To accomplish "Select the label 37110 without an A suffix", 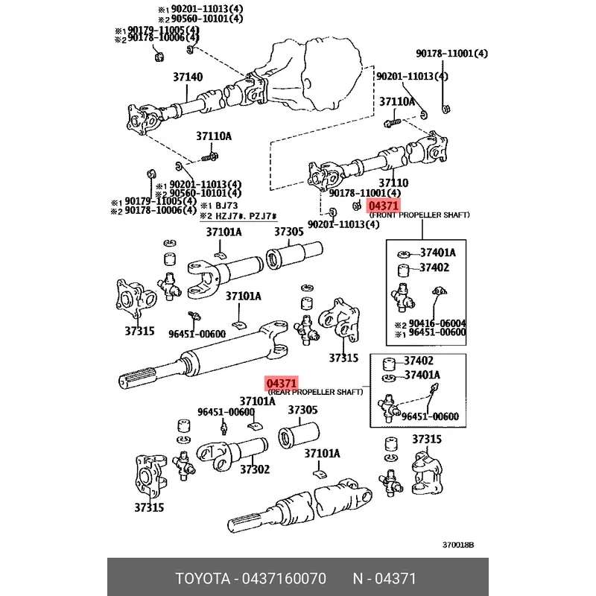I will point(393,183).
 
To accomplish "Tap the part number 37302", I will point(254,469).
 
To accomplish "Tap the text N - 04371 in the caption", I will point(384,579).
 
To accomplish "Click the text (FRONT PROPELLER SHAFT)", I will point(419,215).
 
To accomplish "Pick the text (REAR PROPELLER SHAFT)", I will point(314,392).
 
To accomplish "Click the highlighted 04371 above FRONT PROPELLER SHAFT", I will point(384,206).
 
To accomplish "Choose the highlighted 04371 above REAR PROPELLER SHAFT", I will point(282,383).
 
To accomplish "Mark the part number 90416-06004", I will point(437,323).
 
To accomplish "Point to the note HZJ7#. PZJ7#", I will point(240,215).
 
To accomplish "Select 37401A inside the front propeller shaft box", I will point(437,253).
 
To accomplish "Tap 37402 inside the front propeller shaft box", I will point(434,267).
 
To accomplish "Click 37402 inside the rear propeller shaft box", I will point(419,361).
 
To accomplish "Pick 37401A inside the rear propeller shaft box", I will point(422,375).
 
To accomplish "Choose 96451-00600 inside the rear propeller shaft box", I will point(430,416).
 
